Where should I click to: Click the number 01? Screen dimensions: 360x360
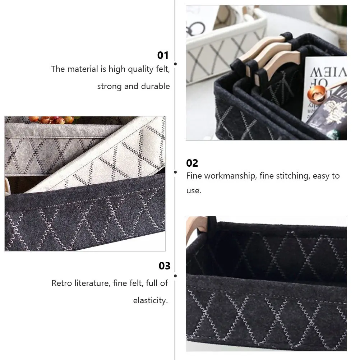[163, 55]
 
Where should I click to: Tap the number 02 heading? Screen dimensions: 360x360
[192, 163]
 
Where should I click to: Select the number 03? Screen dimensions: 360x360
[164, 266]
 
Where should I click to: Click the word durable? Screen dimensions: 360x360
[156, 87]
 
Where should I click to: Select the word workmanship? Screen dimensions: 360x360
[229, 176]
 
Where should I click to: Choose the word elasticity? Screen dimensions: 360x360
[151, 300]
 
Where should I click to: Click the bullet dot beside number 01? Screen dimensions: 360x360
[175, 64]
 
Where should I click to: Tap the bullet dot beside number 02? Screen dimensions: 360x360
[175, 172]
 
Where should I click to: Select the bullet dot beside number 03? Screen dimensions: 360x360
[175, 276]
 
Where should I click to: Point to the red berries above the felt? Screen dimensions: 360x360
[50, 120]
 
